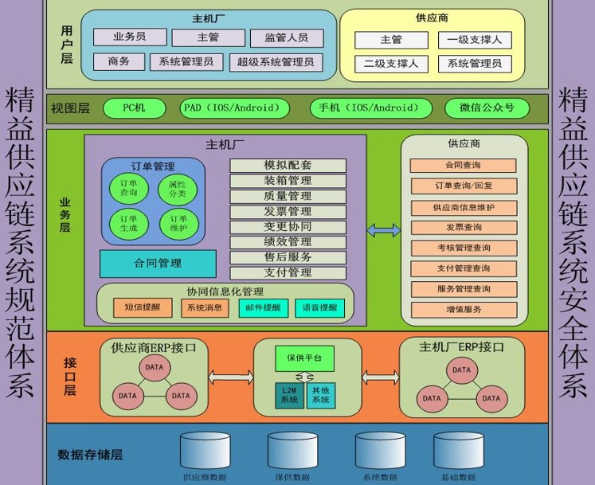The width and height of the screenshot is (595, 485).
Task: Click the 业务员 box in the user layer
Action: [x=130, y=37]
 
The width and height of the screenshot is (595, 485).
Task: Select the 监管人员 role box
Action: [x=286, y=37]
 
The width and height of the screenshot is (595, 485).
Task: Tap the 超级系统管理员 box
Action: [x=276, y=61]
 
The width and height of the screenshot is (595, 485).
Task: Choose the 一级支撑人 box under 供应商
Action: [x=475, y=40]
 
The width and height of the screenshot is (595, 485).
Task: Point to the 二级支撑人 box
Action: [x=391, y=63]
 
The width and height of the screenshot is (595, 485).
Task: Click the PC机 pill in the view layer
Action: [x=133, y=108]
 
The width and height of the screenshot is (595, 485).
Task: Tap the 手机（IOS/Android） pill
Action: [x=370, y=108]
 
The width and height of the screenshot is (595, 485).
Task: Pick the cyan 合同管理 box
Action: [x=158, y=263]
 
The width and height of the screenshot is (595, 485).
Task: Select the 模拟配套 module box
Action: [x=288, y=166]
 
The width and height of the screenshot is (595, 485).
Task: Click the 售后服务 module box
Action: [x=288, y=257]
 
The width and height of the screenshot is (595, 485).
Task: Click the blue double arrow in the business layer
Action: [x=383, y=230]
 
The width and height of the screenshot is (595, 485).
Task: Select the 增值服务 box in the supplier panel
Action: [x=464, y=308]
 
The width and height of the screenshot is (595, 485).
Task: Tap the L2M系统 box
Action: [x=288, y=395]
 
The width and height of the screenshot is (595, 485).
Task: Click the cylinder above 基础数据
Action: [x=458, y=452]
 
